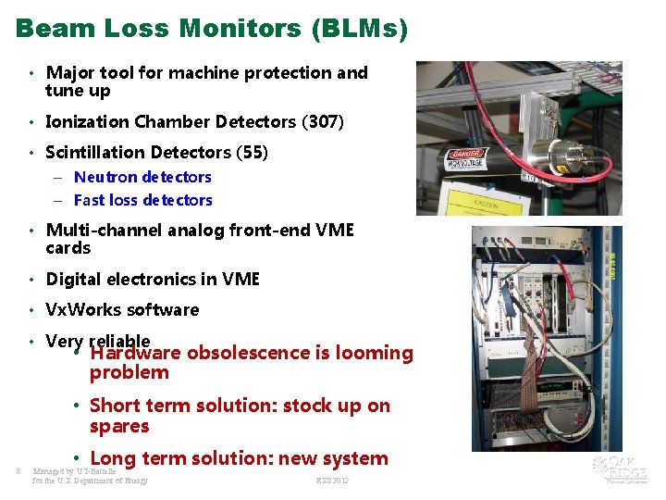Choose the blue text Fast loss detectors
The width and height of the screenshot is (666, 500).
(x=142, y=200)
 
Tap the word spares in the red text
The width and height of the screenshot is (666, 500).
(x=119, y=426)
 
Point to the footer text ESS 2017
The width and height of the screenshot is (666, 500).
(x=332, y=481)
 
